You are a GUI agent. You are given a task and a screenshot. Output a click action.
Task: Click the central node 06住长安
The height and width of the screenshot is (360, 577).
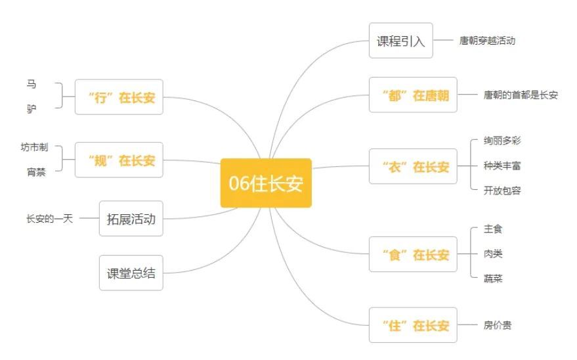tap(266, 183)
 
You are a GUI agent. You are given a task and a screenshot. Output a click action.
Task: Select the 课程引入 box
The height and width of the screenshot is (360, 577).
tap(401, 41)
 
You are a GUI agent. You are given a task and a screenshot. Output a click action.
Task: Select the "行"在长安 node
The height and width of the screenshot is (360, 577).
tap(119, 97)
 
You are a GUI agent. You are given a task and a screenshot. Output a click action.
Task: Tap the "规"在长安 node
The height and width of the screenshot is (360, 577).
tap(119, 160)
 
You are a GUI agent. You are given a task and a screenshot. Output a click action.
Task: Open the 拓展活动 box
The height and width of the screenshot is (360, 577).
tap(131, 219)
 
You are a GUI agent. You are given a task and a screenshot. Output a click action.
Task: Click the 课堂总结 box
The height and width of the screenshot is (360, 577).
tap(131, 273)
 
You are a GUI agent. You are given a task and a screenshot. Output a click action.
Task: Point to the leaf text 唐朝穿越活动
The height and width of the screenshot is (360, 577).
tap(487, 41)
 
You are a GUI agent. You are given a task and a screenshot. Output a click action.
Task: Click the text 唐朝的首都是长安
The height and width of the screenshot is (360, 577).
tap(521, 95)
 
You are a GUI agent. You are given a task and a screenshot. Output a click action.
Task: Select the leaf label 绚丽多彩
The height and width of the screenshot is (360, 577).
tap(502, 141)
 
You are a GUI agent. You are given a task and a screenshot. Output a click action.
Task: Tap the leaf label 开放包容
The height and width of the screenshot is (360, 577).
tap(502, 191)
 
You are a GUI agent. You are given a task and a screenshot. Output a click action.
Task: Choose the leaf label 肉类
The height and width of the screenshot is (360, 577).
tap(493, 254)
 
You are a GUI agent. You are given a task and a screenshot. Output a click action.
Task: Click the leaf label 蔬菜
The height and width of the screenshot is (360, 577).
tap(493, 279)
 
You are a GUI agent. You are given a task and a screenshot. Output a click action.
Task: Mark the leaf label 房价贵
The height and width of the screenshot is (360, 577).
tap(497, 325)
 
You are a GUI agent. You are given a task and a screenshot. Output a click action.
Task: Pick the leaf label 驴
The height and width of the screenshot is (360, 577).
tap(32, 110)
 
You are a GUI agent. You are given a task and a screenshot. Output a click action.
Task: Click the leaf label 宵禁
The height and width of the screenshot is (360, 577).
tap(37, 172)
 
